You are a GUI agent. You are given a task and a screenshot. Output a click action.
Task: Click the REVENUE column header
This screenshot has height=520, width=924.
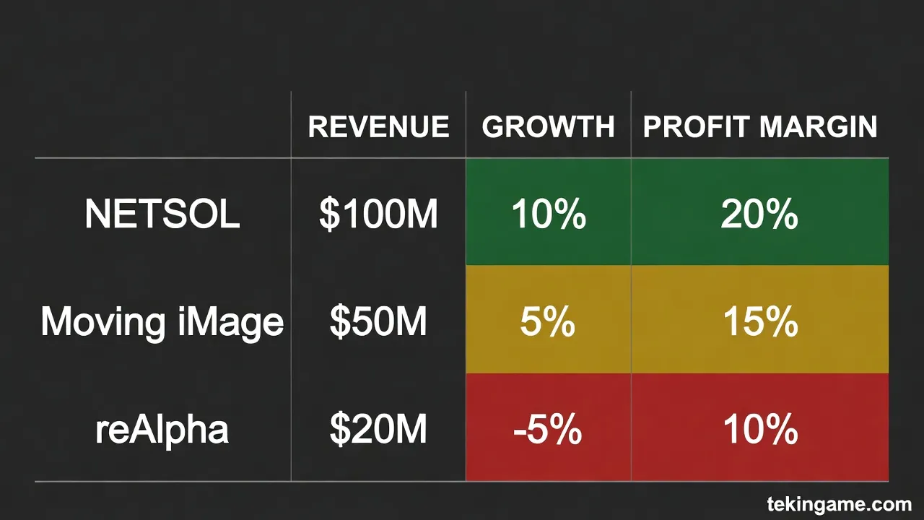[x=378, y=127]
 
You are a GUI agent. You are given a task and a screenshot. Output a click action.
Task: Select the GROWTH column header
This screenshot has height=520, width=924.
[x=548, y=127]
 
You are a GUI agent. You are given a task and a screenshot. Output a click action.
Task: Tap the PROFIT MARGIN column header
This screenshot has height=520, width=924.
[x=760, y=127]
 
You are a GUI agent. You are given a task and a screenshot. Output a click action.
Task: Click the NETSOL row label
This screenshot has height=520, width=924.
[x=162, y=214]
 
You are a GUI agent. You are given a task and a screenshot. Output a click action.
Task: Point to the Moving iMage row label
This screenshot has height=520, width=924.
[x=162, y=321]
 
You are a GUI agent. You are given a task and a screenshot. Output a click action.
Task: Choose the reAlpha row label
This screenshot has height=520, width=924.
[x=162, y=430]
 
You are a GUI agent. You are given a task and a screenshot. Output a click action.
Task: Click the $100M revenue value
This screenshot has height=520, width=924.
[x=378, y=214]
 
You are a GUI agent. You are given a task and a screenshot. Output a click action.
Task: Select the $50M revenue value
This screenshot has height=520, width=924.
[x=378, y=321]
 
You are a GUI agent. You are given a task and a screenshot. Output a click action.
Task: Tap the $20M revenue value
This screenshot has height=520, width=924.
[x=378, y=430]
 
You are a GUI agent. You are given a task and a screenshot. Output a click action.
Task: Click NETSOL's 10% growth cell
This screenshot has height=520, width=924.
[x=548, y=214]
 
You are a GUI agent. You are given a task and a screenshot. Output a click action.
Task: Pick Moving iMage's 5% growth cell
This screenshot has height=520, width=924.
[x=548, y=321]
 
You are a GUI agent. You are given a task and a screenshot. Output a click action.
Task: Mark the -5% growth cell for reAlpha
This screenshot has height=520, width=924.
[x=548, y=430]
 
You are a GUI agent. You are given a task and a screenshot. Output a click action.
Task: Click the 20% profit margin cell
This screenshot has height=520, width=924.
[x=759, y=214]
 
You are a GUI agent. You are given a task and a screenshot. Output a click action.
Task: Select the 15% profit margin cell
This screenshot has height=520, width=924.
[x=759, y=321]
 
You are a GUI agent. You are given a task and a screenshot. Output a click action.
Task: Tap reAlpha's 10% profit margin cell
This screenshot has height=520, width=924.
[x=759, y=430]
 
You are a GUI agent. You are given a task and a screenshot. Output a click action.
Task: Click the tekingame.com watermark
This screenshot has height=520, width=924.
[x=839, y=503]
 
